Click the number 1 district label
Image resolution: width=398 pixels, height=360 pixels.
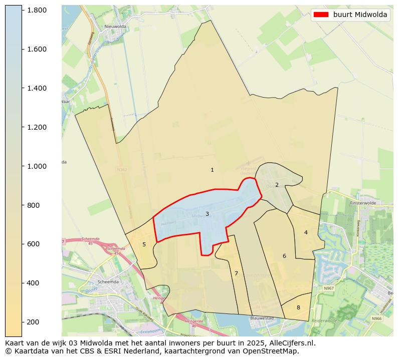(212, 170)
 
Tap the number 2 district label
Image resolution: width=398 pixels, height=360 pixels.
(277, 185)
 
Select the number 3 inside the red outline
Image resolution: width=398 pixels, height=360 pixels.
(207, 214)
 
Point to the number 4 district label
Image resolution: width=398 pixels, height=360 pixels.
(306, 232)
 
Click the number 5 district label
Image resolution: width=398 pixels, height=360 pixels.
(144, 244)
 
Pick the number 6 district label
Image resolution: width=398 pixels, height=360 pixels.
(284, 256)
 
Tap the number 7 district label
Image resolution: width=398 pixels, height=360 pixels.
(236, 273)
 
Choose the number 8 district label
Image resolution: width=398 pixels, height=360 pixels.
(298, 307)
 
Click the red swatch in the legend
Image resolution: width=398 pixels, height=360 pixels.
(321, 15)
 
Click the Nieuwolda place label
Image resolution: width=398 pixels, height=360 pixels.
(114, 27)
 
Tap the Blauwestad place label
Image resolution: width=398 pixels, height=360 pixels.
(262, 317)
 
